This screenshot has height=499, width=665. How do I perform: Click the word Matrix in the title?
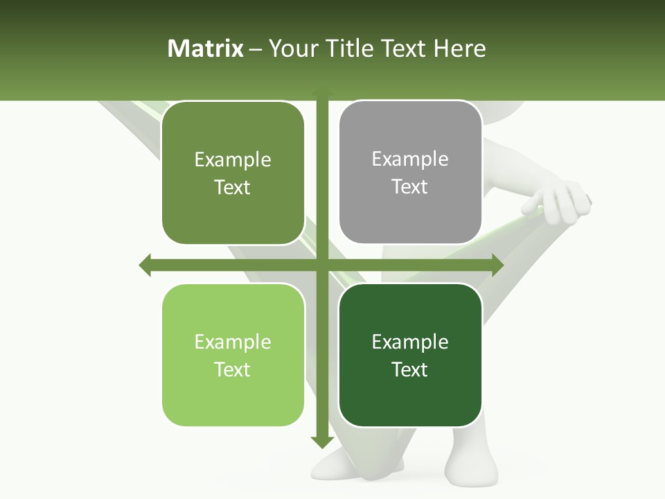pyautogui.click(x=206, y=49)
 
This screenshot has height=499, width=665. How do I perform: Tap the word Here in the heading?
pyautogui.click(x=459, y=49)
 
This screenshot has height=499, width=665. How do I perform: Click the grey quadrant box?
pyautogui.click(x=410, y=173)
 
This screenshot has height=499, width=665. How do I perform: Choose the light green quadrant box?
pyautogui.click(x=233, y=355)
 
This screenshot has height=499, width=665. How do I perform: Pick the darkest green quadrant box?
pyautogui.click(x=410, y=355)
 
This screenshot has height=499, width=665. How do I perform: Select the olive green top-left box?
pyautogui.click(x=233, y=173)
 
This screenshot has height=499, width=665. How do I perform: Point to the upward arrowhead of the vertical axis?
pyautogui.click(x=322, y=92)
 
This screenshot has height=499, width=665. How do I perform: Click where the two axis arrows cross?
pyautogui.click(x=322, y=265)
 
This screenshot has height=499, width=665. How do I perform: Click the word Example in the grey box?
pyautogui.click(x=410, y=159)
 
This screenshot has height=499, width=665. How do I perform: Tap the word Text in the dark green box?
pyautogui.click(x=410, y=369)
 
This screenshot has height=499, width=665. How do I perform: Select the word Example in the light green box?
pyautogui.click(x=233, y=342)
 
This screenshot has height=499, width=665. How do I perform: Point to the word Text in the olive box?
pyautogui.click(x=233, y=187)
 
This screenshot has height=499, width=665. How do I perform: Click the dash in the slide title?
pyautogui.click(x=256, y=49)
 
